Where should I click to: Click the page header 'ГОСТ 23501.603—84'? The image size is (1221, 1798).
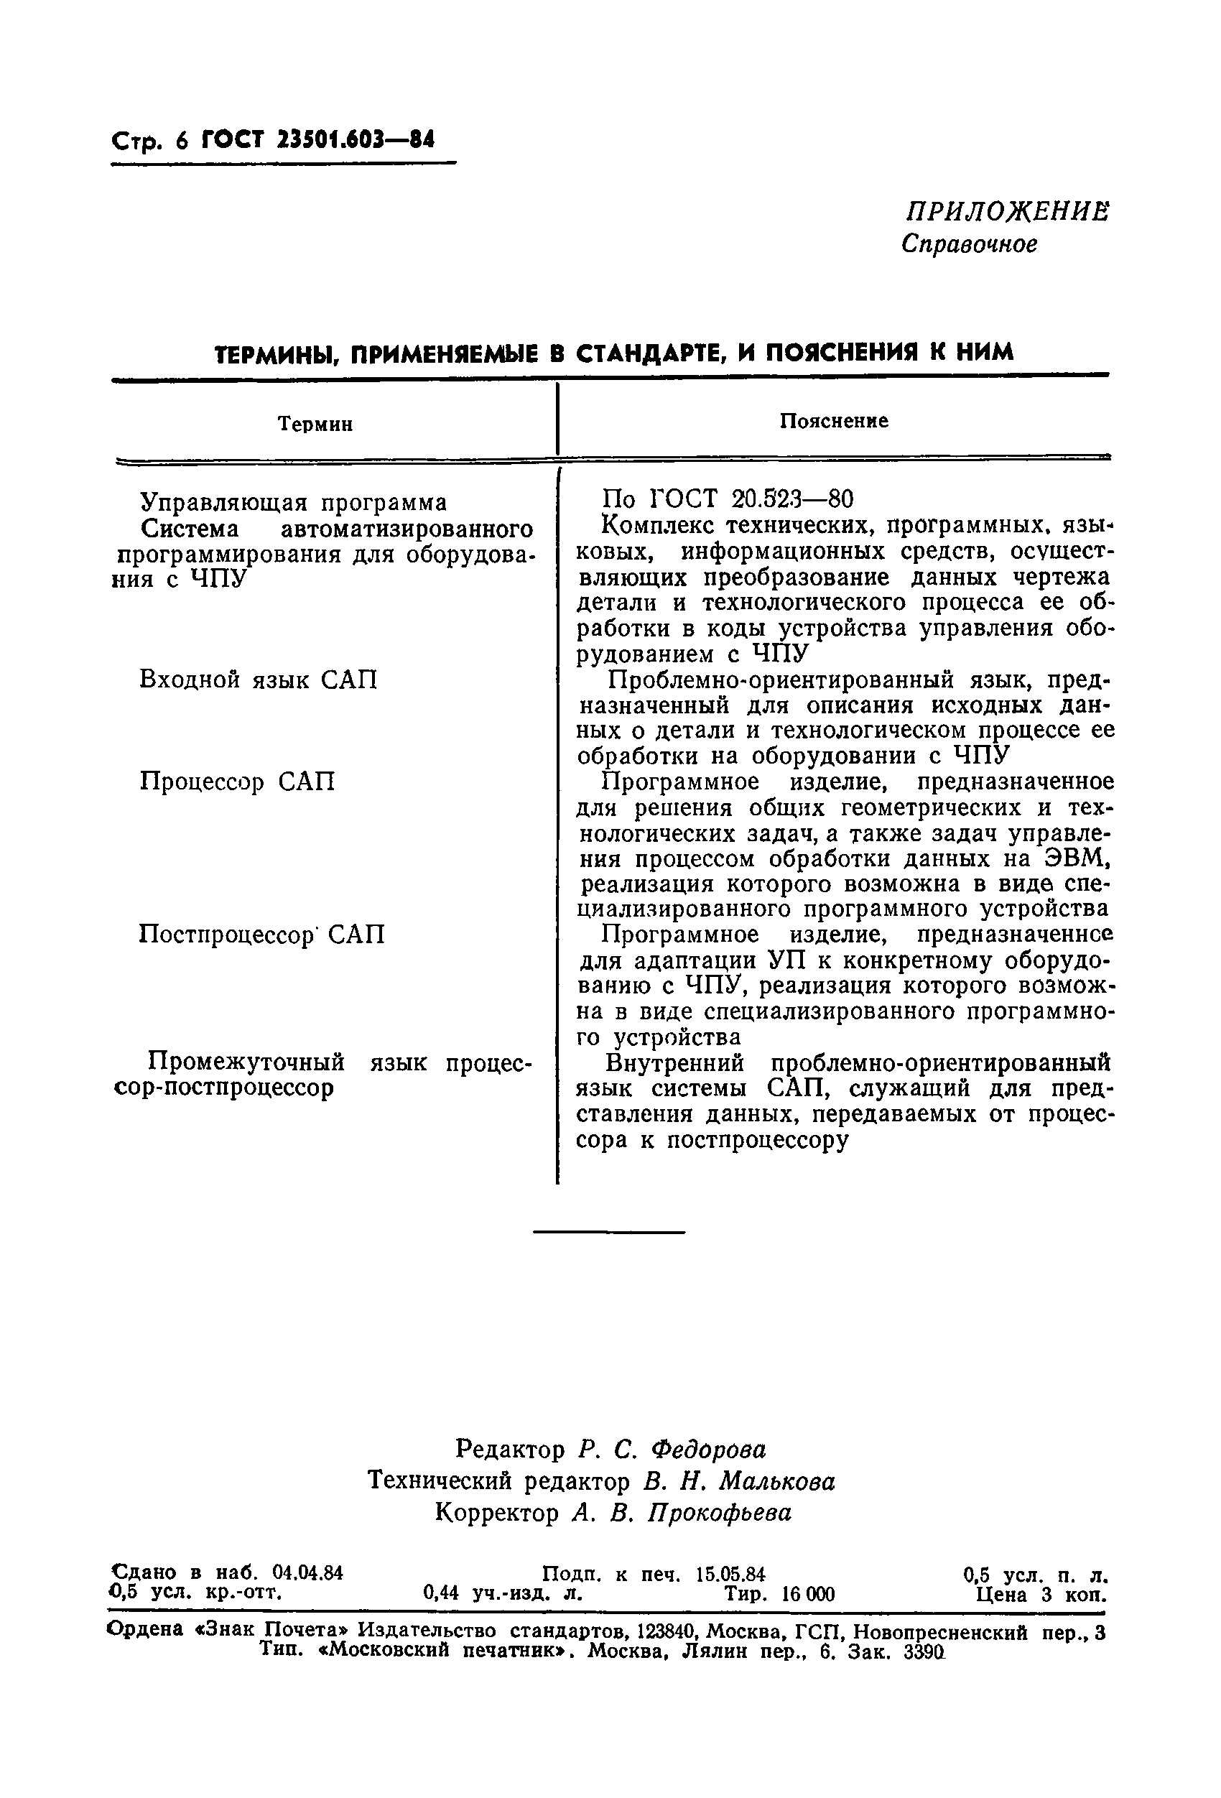[318, 140]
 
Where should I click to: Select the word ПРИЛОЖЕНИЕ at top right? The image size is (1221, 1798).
[1008, 211]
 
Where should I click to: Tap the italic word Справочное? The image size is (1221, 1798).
[969, 244]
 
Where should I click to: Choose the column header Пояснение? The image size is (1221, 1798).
[833, 421]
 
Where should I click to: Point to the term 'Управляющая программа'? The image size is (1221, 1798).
[293, 503]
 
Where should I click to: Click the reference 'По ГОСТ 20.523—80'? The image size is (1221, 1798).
[727, 499]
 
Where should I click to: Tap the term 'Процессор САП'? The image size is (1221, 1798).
[238, 782]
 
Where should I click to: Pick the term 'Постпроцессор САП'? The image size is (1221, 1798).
[261, 935]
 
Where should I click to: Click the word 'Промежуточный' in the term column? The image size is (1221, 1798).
[247, 1061]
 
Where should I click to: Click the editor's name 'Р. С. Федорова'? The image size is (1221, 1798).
[672, 1448]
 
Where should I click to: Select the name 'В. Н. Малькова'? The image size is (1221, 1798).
[739, 1480]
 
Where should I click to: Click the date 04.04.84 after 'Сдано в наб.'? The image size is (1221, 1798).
[307, 1573]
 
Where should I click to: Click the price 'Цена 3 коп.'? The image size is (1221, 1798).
[1041, 1595]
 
